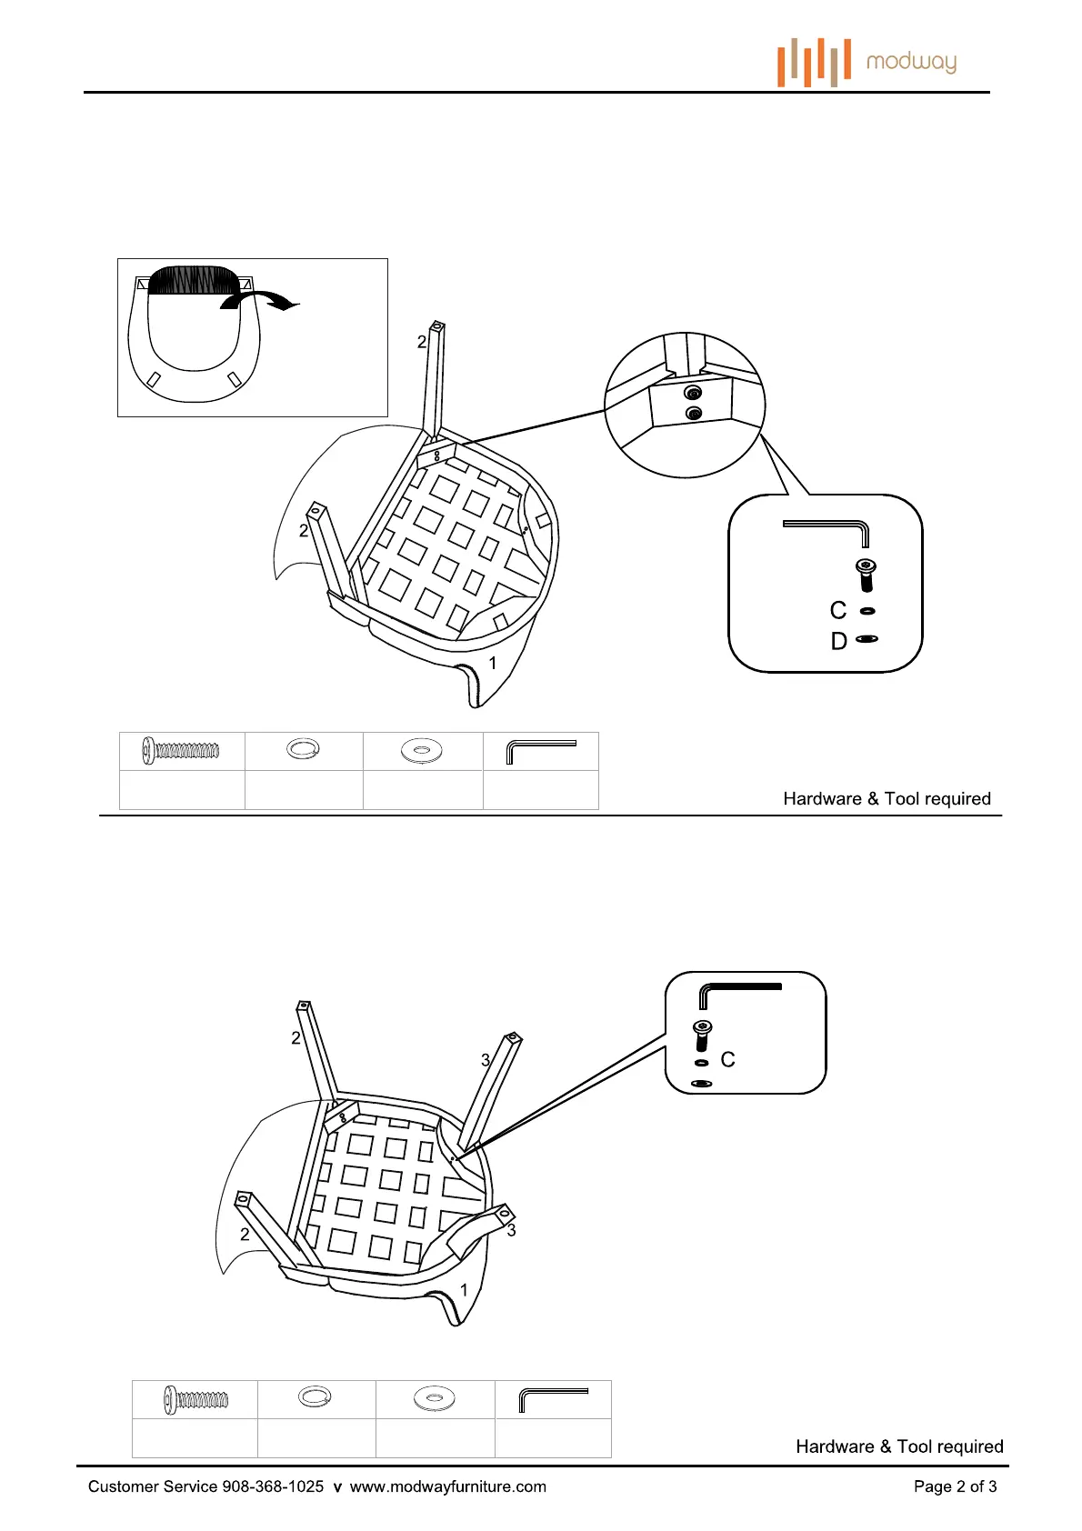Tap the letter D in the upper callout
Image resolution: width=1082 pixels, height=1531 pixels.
(838, 641)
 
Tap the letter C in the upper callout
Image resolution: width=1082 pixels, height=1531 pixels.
(838, 610)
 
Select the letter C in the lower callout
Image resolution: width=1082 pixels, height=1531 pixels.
(727, 1059)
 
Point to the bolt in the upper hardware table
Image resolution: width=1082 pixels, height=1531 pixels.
(181, 751)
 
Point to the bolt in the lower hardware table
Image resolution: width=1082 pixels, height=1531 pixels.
(195, 1399)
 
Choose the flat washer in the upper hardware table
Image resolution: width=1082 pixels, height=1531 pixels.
(422, 751)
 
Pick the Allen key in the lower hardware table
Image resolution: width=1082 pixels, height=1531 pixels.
(553, 1398)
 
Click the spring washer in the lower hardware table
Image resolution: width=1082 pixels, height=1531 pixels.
(315, 1396)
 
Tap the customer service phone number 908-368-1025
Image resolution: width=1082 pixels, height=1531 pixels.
(273, 1486)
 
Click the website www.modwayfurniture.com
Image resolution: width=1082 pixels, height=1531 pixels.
(448, 1486)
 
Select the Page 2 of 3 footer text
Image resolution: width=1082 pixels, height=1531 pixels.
(955, 1486)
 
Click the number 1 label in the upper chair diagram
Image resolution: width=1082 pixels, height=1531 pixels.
(493, 663)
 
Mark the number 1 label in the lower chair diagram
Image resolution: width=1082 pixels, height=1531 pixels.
(464, 1289)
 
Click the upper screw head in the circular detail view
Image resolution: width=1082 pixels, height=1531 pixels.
(693, 394)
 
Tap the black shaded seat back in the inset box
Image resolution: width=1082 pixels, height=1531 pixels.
(193, 280)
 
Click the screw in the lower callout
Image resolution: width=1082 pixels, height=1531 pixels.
(702, 1035)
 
